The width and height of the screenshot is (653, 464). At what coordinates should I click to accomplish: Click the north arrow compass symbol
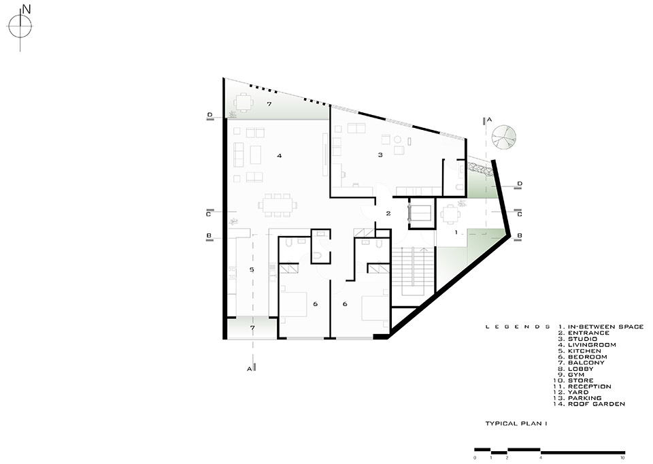click(x=20, y=27)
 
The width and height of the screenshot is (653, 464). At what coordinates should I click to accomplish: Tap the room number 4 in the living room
click(x=280, y=156)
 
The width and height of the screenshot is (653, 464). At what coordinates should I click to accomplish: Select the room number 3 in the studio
click(x=380, y=155)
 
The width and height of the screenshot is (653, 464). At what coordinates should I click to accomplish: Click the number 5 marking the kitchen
click(x=252, y=270)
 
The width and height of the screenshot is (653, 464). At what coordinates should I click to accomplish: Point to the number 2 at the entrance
click(x=388, y=214)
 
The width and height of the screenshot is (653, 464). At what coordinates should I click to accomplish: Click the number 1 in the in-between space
click(x=456, y=232)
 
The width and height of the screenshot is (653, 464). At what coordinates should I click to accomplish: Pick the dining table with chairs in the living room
click(x=278, y=205)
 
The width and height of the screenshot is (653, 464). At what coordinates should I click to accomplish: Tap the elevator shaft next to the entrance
click(x=421, y=213)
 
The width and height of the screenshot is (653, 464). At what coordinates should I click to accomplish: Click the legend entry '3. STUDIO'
click(x=577, y=339)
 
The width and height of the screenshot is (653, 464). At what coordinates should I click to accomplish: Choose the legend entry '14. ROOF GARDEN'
click(x=589, y=404)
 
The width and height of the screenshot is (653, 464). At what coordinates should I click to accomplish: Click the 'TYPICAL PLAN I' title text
click(x=516, y=424)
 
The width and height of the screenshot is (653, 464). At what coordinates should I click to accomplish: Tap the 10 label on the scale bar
click(x=622, y=458)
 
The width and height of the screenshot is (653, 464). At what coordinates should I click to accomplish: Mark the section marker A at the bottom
click(x=251, y=368)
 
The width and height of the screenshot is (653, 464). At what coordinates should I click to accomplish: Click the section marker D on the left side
click(x=210, y=116)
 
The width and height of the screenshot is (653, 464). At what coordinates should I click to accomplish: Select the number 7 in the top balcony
click(x=269, y=103)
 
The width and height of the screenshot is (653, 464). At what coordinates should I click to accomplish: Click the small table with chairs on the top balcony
click(x=243, y=102)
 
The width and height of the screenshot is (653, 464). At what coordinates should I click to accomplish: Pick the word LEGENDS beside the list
click(x=518, y=327)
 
